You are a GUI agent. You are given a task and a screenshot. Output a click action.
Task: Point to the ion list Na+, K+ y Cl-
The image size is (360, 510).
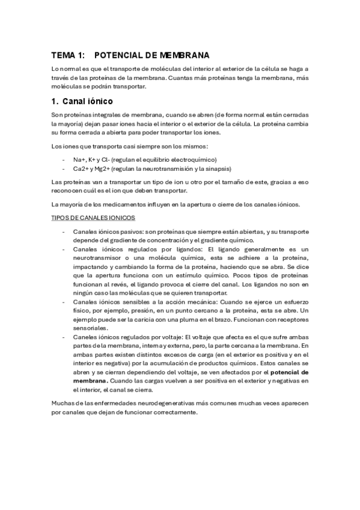point(91,159)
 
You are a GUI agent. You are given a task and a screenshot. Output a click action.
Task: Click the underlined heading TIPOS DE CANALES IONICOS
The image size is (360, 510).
point(93,217)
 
